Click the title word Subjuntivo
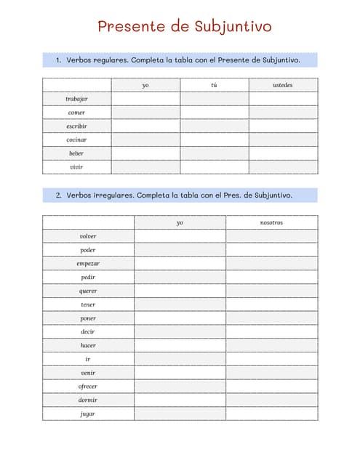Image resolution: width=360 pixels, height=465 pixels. pyautogui.click(x=233, y=27)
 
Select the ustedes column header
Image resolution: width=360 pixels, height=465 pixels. pyautogui.click(x=283, y=85)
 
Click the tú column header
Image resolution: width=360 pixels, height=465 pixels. pyautogui.click(x=214, y=85)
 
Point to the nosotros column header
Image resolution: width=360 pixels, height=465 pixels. pyautogui.click(x=271, y=222)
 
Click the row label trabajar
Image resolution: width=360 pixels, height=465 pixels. pyautogui.click(x=76, y=99)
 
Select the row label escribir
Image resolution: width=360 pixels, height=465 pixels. pyautogui.click(x=76, y=126)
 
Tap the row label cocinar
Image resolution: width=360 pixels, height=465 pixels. pyautogui.click(x=76, y=139)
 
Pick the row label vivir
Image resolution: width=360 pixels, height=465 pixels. pyautogui.click(x=76, y=167)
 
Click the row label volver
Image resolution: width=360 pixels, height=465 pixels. pyautogui.click(x=88, y=236)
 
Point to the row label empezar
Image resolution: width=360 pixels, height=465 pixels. pyautogui.click(x=88, y=264)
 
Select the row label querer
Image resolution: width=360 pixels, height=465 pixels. pyautogui.click(x=88, y=291)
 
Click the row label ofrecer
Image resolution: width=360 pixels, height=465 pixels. pyautogui.click(x=88, y=387)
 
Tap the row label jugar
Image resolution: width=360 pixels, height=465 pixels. pyautogui.click(x=88, y=414)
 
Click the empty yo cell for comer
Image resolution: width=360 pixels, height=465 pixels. pyautogui.click(x=145, y=113)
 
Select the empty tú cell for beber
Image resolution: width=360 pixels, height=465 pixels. pyautogui.click(x=214, y=153)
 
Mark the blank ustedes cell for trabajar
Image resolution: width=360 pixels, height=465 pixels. pyautogui.click(x=283, y=99)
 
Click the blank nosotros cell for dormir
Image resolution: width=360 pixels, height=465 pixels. pyautogui.click(x=271, y=400)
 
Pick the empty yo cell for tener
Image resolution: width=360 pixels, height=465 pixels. pyautogui.click(x=180, y=304)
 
